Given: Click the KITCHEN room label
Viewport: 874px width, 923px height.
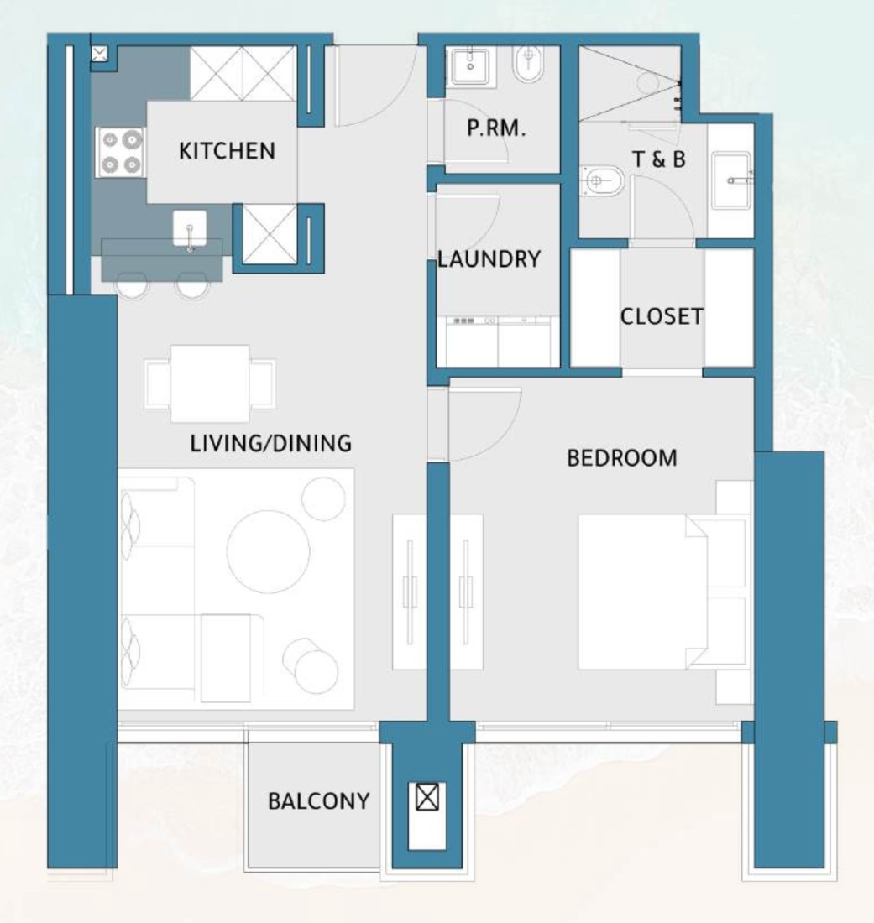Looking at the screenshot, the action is (227, 151).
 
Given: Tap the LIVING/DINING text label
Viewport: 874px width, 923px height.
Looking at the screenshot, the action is (271, 443).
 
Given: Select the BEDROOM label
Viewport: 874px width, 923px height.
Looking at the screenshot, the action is (622, 458).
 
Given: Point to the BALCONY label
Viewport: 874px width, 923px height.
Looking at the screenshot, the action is (319, 800).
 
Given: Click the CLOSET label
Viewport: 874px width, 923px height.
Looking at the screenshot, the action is (662, 316).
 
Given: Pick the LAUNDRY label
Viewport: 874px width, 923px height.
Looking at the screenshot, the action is (489, 259).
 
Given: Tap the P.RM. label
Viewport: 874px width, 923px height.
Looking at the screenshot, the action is (496, 128).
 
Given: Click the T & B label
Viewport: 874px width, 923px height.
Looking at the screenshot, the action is (658, 159).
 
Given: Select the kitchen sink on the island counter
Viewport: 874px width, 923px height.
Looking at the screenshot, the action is (190, 229).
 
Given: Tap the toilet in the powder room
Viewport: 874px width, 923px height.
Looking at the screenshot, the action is (528, 65).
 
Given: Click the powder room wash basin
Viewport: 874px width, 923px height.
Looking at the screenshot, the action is (469, 66).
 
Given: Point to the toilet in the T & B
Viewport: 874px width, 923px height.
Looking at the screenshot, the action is (601, 180).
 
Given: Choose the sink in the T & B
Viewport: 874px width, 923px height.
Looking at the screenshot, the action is (732, 180).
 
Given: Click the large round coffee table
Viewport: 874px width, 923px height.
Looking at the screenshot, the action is (269, 551).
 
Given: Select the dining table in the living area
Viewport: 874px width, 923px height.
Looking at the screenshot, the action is (210, 383).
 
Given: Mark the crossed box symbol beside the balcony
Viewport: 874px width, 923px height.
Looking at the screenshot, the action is (427, 797).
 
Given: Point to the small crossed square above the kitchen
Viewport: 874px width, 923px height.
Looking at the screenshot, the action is (100, 55).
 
